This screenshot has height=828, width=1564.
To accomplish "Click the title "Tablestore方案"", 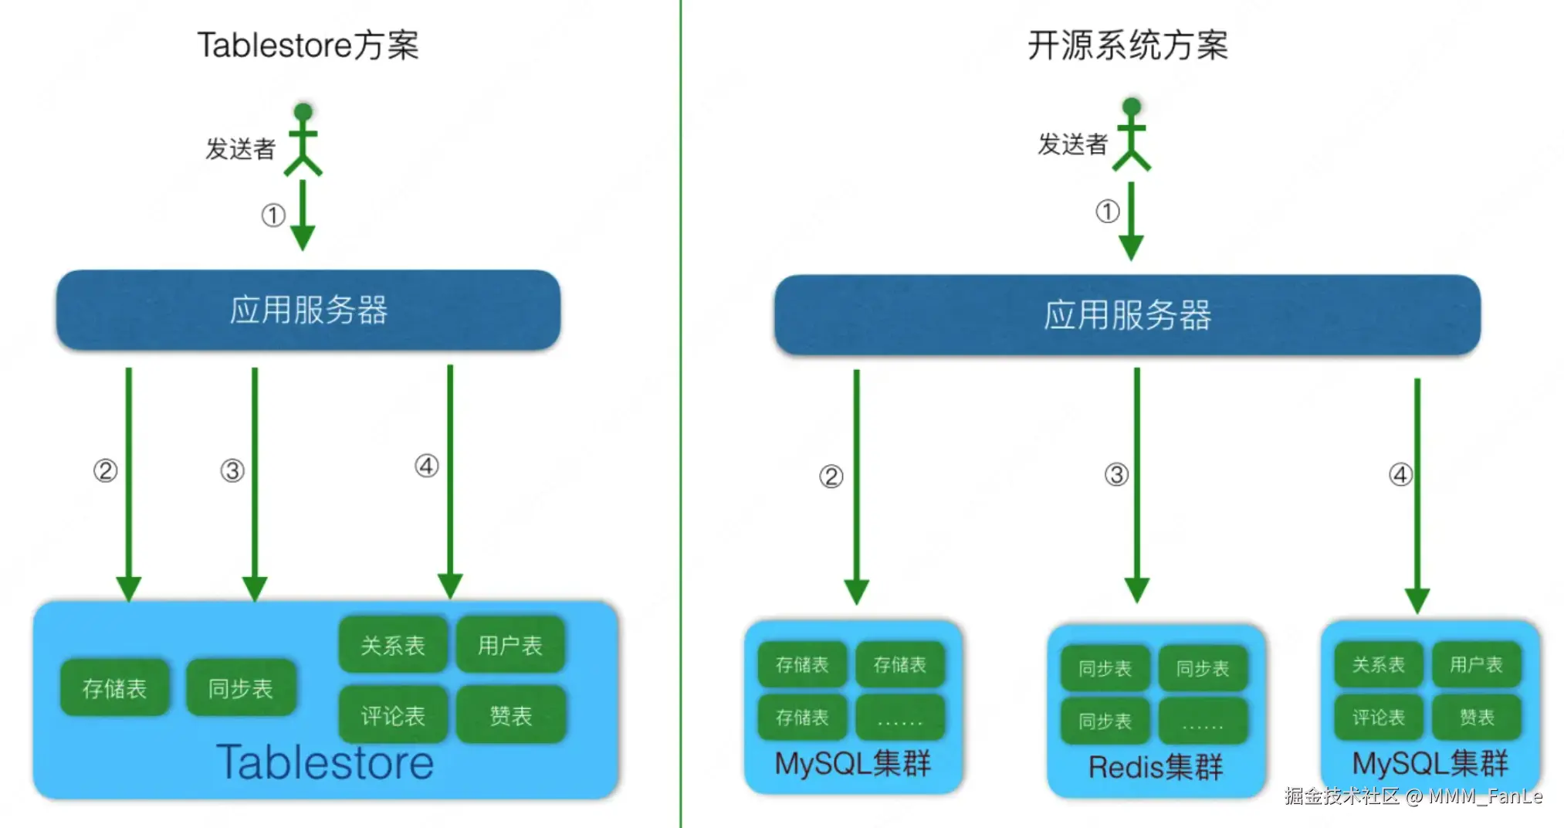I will pos(308,45).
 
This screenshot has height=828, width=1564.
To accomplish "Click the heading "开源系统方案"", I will pos(1127,45).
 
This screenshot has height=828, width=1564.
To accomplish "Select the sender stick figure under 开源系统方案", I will pos(1131,135).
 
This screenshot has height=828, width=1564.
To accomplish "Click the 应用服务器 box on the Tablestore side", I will pos(308,310).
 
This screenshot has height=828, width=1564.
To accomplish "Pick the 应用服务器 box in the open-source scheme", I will pos(1127,315).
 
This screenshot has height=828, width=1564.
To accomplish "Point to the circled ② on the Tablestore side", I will pos(106,470).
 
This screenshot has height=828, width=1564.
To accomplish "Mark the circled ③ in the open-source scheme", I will pos(1116,474).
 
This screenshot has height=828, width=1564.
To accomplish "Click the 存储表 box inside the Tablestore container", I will pos(114,687).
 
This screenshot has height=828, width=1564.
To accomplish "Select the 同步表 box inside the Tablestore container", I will pos(241,687).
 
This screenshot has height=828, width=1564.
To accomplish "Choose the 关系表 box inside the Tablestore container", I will pos(393,645).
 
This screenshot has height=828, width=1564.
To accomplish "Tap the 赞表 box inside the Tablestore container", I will pos(510,715).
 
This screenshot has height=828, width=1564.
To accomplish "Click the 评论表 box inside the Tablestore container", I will pos(393,715).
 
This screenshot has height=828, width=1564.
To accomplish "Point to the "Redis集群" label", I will pos(1155,767).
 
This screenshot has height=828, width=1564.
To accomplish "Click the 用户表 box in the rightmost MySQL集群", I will pos(1476,664).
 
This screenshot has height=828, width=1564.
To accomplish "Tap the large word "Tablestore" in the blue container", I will pos(324,763).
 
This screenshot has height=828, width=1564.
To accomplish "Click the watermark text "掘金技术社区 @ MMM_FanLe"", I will pos(1413,796).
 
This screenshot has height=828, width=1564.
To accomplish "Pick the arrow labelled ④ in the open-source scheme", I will pos(1417,494).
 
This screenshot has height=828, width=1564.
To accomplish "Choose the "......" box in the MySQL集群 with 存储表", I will pos(899,718).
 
